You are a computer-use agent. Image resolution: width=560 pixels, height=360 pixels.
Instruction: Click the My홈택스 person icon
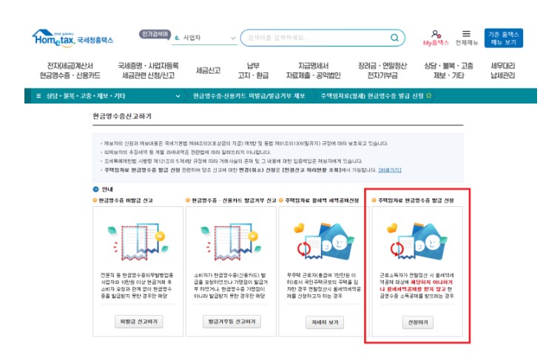[x=436, y=34]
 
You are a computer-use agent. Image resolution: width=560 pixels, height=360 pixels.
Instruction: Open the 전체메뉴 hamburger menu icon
[x=466, y=34]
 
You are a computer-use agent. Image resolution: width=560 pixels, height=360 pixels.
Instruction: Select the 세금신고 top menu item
[x=208, y=70]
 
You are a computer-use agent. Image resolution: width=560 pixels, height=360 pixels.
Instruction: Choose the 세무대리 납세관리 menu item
[x=502, y=70]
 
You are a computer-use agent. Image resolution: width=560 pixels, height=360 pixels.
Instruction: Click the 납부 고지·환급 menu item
[x=254, y=70]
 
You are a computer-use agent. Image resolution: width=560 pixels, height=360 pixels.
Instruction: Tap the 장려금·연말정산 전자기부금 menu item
[x=378, y=70]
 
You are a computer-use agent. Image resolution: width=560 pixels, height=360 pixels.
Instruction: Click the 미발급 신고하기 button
[x=139, y=322]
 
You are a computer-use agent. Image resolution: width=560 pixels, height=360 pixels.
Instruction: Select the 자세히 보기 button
[x=325, y=322]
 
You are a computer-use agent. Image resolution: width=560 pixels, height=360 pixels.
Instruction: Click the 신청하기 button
[x=418, y=322]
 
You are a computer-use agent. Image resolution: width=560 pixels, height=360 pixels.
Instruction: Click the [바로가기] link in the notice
[x=390, y=170]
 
